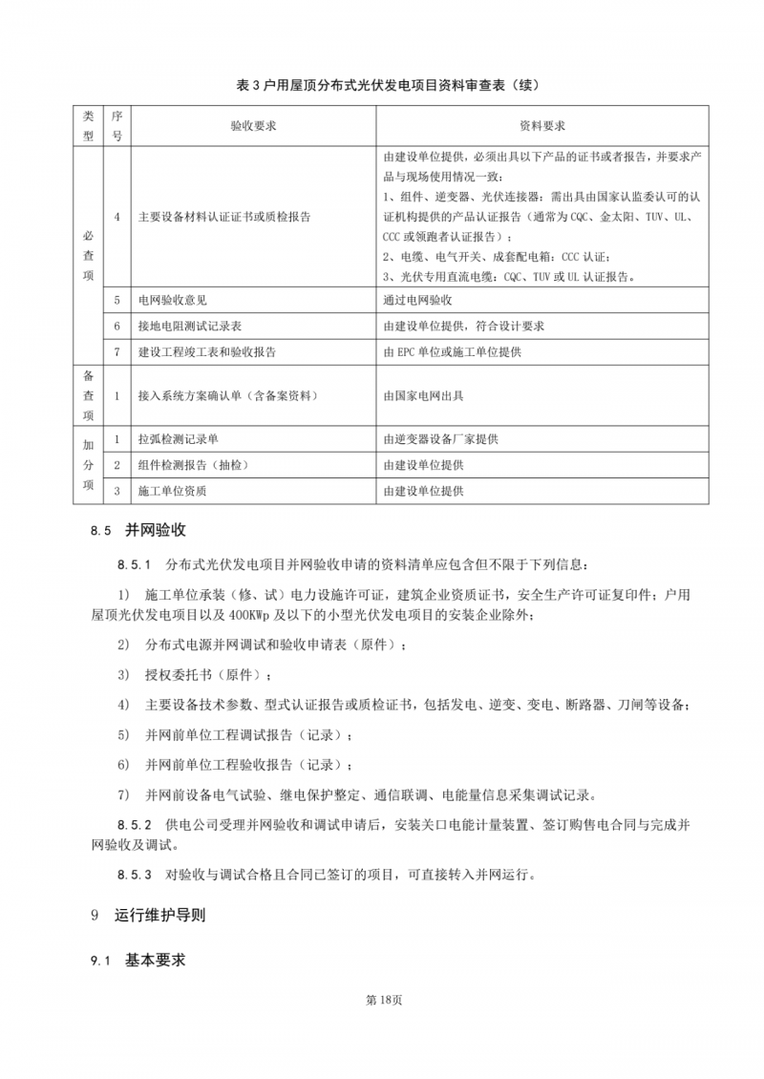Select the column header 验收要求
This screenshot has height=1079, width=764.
click(x=253, y=126)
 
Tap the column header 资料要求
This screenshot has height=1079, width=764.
click(x=542, y=126)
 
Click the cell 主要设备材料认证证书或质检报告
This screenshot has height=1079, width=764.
click(x=224, y=217)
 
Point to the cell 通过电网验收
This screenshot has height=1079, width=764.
click(x=425, y=300)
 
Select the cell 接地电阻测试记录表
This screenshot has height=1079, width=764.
click(x=187, y=326)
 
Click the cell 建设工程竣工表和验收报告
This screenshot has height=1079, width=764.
click(x=207, y=351)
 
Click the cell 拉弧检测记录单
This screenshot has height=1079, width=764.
click(x=179, y=439)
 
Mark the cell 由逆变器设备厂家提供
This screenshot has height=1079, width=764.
click(x=440, y=439)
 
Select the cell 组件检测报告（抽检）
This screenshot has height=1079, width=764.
click(x=193, y=465)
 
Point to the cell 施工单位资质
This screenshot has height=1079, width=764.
click(x=173, y=491)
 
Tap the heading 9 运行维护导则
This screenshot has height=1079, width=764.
click(x=147, y=915)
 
